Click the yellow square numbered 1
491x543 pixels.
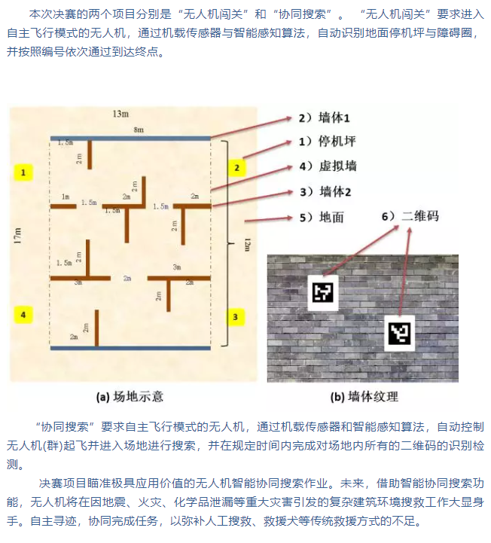coord(23,172)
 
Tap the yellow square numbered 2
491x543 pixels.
coord(236,167)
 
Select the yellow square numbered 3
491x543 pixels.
coord(235,317)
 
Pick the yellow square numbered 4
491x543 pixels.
coord(23,314)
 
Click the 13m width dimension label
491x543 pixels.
coord(120,114)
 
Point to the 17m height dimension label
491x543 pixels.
coord(17,236)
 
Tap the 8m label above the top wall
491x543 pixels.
coord(138,130)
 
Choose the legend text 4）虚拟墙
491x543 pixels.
coord(326,166)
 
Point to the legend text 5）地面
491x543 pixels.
coord(320,217)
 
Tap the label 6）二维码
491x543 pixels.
coord(409,216)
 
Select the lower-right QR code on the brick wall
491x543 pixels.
coord(399,332)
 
